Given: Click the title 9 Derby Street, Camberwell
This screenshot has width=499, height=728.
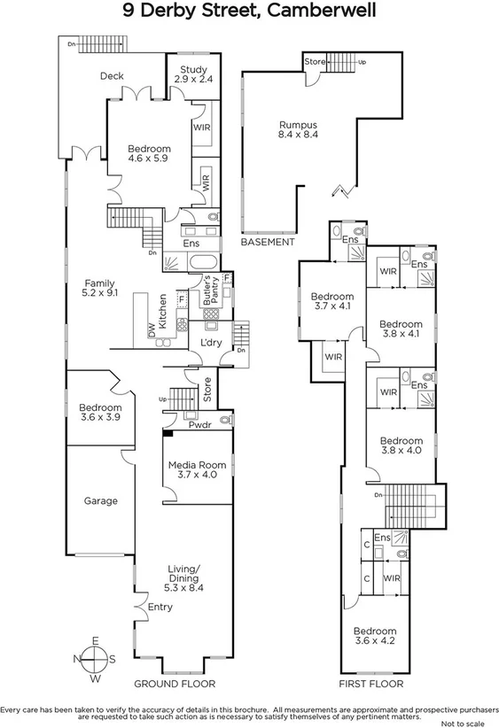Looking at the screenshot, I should [250, 12].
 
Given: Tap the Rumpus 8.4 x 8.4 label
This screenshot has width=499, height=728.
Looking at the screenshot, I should [299, 129].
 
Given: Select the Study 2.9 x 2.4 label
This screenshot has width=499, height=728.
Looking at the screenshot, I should [192, 74].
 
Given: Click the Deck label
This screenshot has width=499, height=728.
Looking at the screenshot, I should [112, 76].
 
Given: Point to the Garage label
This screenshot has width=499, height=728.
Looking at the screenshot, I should [100, 500].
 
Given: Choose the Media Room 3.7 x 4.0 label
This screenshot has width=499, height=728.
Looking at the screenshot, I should [193, 470].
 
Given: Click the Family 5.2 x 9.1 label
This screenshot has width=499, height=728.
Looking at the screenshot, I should [101, 287].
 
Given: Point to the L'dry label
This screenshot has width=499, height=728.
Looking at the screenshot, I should [211, 343].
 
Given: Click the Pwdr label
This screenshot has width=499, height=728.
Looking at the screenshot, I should [198, 424].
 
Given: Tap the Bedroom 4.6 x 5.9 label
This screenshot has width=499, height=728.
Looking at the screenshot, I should [148, 153].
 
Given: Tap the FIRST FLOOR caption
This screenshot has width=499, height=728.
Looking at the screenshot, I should [372, 684].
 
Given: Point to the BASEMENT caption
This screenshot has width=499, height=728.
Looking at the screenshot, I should [267, 242].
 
